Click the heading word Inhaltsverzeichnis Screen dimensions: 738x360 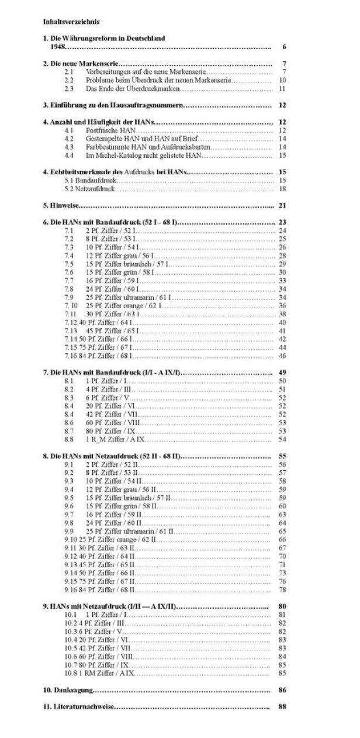coord(71,22)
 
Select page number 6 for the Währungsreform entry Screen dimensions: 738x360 coord(283,46)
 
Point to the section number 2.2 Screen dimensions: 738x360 coord(69,80)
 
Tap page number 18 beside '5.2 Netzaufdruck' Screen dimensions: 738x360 coord(282,189)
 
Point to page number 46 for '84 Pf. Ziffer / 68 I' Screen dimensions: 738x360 coord(282,356)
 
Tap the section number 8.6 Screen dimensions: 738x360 coord(69,422)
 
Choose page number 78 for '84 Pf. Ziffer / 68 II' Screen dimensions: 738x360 coord(282,589)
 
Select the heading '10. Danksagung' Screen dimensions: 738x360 coord(68,690)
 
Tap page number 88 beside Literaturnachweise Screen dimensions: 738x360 coord(283,707)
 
